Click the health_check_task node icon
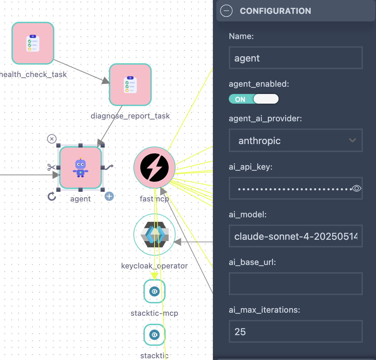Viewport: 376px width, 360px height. [33, 43]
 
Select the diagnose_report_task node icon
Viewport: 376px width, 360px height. [130, 85]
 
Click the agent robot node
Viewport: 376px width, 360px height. [81, 168]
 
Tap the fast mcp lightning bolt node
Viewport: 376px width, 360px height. [154, 168]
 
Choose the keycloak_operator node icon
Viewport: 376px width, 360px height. [154, 235]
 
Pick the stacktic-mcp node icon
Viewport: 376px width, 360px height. [154, 291]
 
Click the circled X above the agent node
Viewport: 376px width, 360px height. [51, 139]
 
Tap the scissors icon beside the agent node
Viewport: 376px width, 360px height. [51, 168]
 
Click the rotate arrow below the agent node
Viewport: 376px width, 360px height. [51, 197]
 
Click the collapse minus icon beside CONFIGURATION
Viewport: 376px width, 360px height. [226, 11]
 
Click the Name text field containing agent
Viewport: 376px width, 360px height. [295, 58]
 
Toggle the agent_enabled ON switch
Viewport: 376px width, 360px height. [254, 99]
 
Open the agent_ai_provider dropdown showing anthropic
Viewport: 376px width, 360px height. [295, 140]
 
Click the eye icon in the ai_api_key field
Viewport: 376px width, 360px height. [357, 188]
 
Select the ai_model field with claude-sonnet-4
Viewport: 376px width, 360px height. [295, 236]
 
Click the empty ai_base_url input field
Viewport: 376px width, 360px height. [295, 284]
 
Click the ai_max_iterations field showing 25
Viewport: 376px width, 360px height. [295, 332]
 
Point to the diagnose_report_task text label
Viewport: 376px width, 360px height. [130, 116]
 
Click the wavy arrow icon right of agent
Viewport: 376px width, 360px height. [109, 168]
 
